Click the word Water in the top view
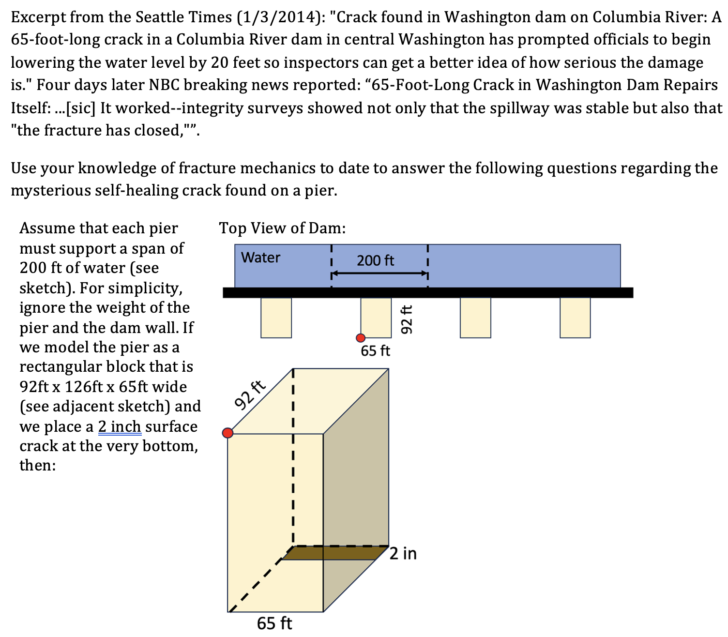pos(260,257)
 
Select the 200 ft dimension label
pos(375,261)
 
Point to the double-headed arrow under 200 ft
pos(379,273)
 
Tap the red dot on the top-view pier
pos(361,338)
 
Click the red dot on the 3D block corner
pos(227,433)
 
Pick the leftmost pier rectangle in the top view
pos(276,318)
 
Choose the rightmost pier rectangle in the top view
pos(575,318)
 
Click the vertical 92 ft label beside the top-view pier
pos(407,319)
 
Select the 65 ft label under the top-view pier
pos(375,351)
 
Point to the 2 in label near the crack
pos(403,553)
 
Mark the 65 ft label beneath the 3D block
pos(274,623)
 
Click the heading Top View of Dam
pos(282,228)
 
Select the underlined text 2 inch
pos(120,426)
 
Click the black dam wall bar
pos(428,292)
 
